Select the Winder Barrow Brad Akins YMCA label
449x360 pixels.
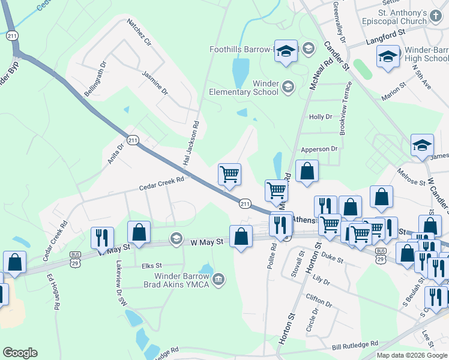181,280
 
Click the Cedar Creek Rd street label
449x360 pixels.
161,187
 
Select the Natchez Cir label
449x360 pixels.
139,33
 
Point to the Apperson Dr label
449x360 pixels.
319,148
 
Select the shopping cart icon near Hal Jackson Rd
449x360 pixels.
229,175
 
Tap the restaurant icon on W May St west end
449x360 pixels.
101,237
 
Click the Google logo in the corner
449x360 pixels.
20,353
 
